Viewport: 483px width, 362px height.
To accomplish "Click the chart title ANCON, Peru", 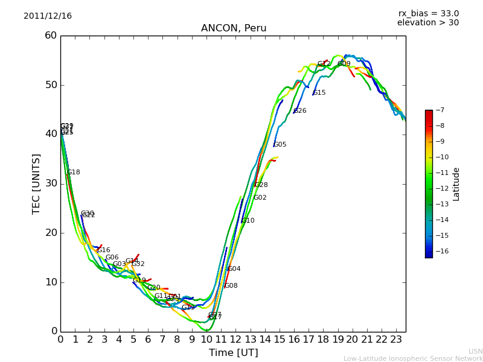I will click(233, 28).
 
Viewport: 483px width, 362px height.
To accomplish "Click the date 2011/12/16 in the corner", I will click(48, 16).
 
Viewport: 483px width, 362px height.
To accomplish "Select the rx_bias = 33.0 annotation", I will click(428, 14).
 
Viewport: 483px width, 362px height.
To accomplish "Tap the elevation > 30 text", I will click(427, 23).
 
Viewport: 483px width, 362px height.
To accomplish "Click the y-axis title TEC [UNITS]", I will click(36, 183).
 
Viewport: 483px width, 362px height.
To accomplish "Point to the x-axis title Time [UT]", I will click(233, 353).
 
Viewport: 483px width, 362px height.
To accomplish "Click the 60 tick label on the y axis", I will click(51, 36).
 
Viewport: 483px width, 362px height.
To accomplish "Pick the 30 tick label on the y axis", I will click(51, 183).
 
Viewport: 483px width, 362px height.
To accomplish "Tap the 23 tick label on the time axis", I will click(396, 340).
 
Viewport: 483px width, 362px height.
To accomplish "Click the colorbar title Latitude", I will click(456, 183).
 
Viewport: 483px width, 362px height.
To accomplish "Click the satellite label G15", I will click(319, 93).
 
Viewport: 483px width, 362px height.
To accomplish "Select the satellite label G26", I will click(300, 111).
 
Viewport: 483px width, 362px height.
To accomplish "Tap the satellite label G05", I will click(280, 145).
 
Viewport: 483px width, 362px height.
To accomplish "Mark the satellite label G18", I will click(74, 173).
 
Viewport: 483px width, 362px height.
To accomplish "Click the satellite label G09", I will click(344, 64).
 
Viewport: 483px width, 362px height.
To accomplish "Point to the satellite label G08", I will click(231, 286).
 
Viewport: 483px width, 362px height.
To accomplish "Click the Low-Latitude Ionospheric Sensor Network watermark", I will click(413, 359).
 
